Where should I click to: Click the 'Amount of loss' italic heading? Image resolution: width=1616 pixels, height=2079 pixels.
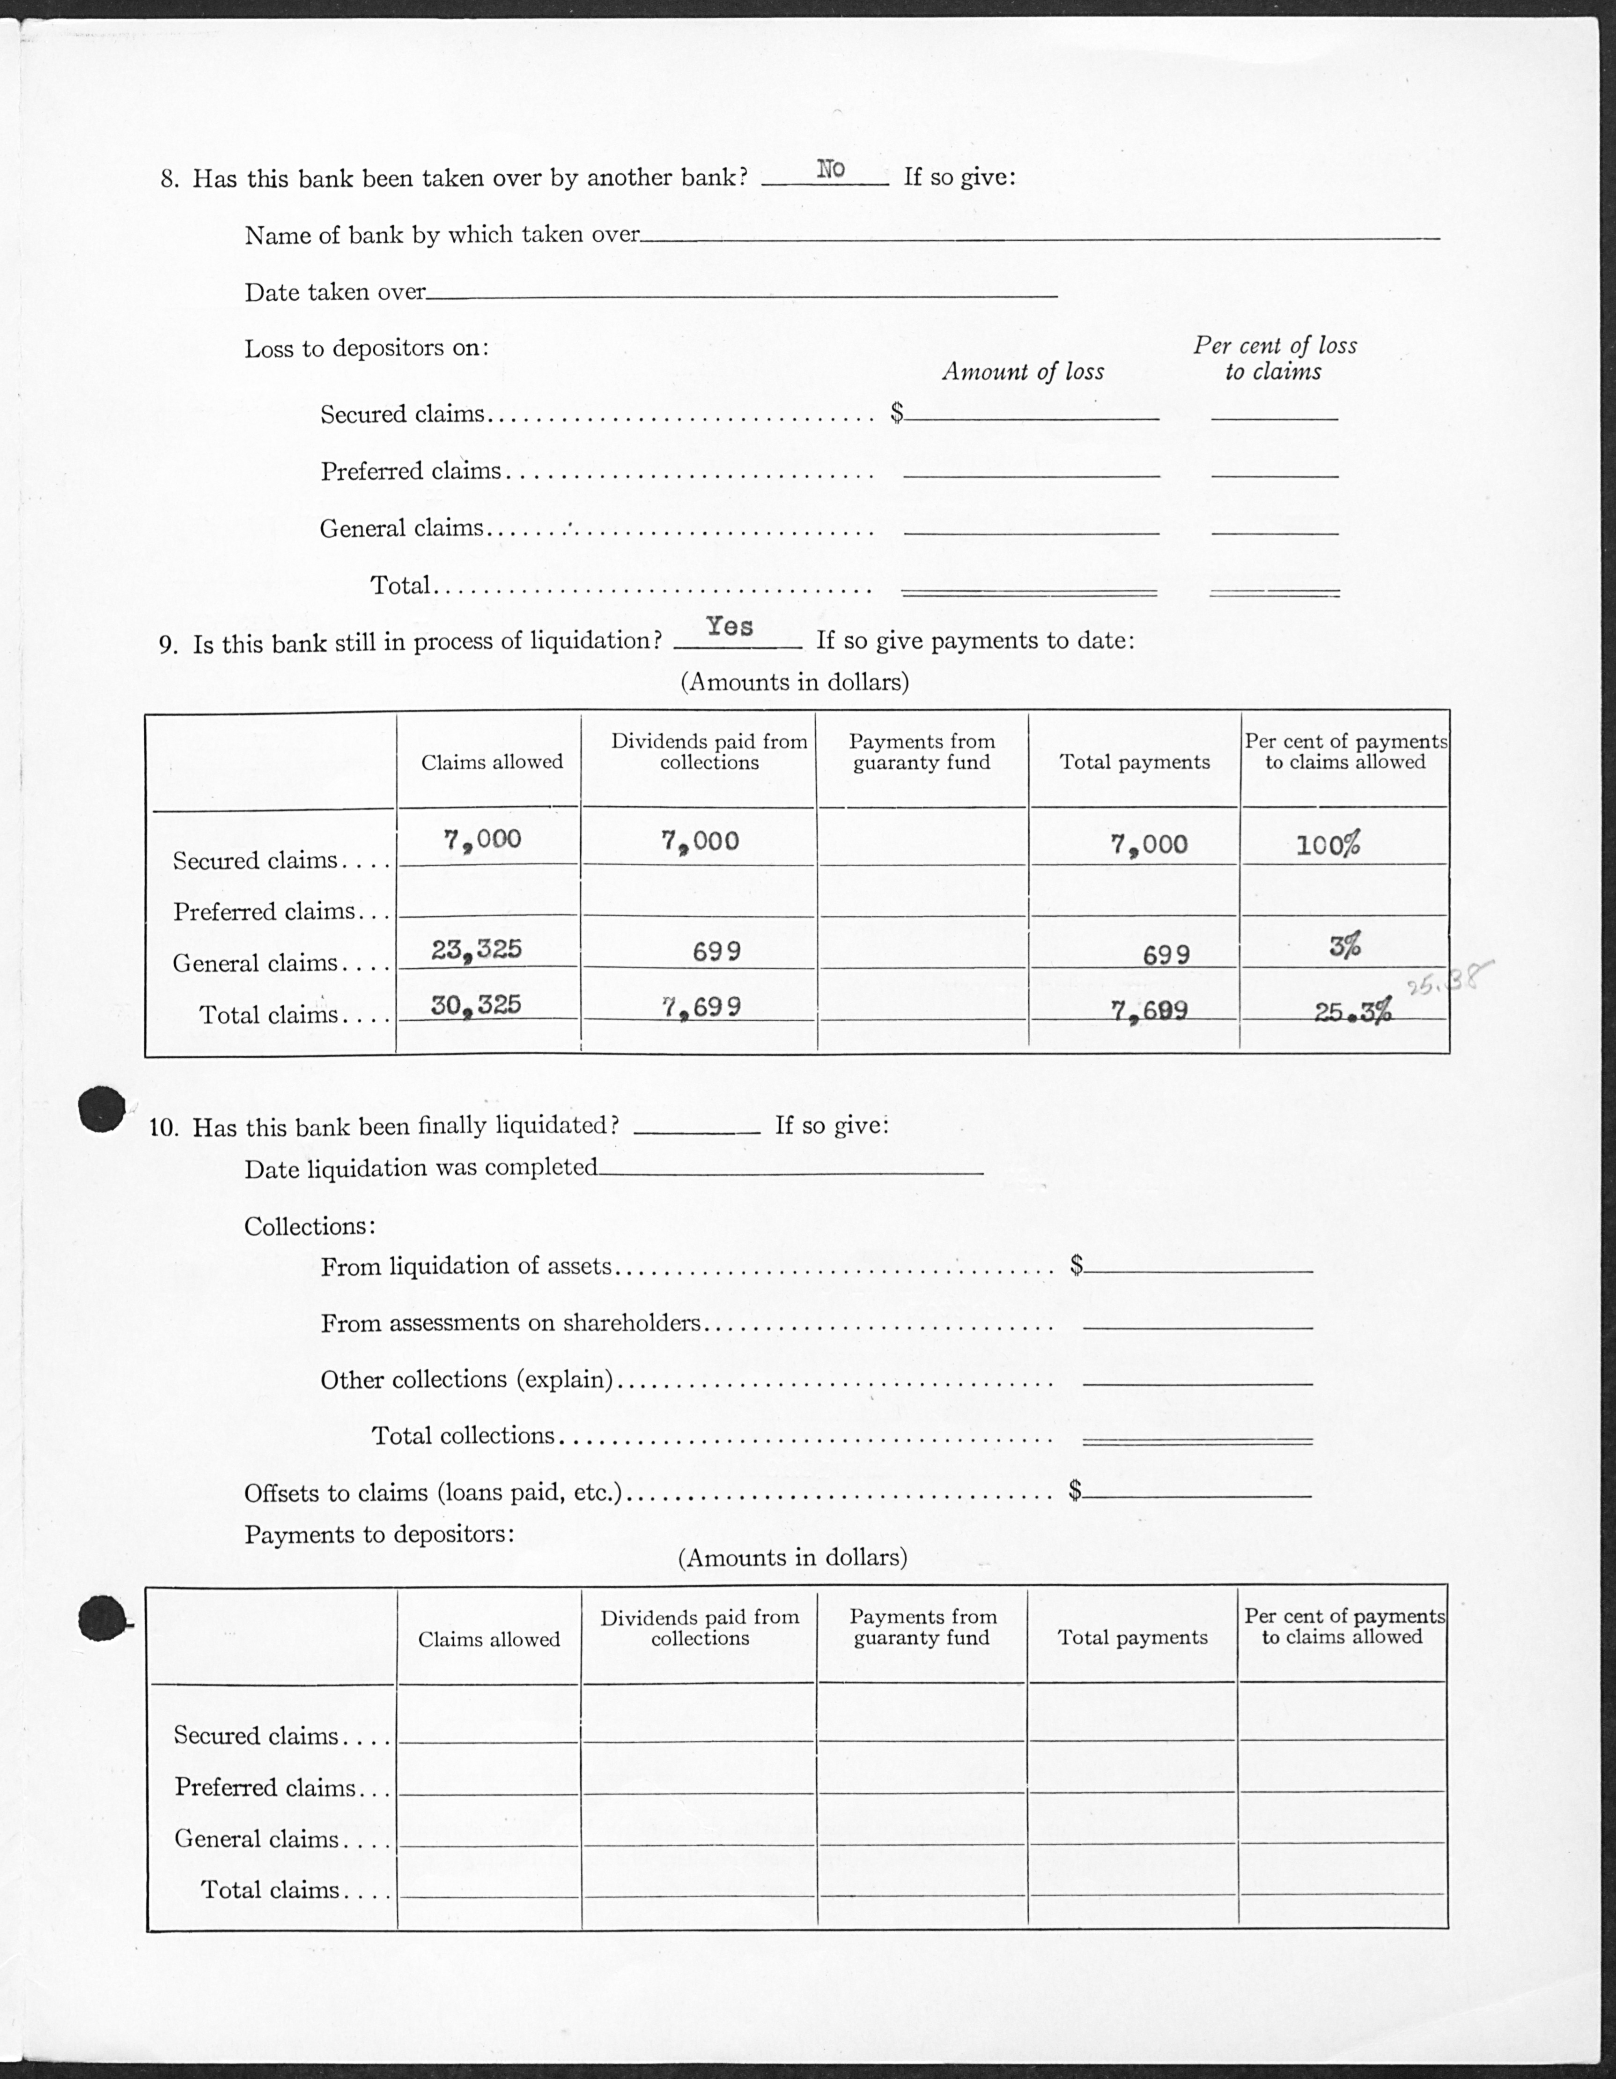coord(1023,371)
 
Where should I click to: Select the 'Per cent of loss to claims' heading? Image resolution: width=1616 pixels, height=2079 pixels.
coord(1274,358)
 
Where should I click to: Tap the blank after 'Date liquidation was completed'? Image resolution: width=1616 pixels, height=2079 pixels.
coord(790,1171)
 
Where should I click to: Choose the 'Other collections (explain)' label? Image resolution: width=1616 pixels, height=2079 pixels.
coord(466,1379)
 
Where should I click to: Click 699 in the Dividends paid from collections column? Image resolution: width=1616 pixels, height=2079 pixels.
coord(716,951)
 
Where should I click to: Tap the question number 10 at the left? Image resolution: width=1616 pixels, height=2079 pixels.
coord(164,1128)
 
